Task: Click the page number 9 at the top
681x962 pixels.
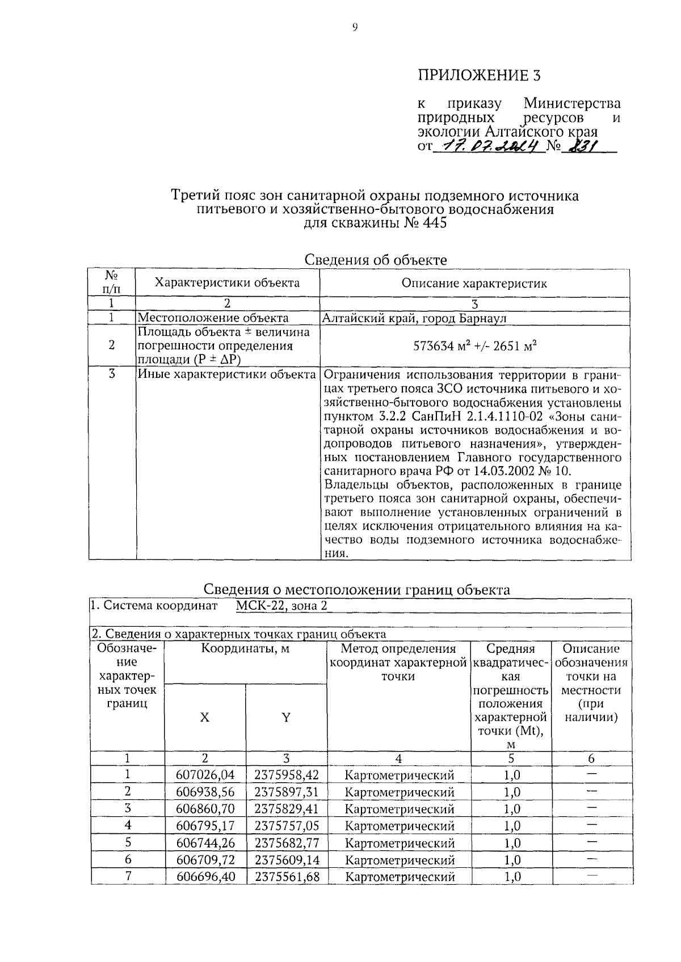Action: [354, 27]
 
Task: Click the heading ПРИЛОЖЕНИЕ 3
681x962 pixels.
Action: [480, 75]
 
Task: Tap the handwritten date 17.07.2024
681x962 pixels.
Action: [486, 146]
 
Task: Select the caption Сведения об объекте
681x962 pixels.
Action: [376, 260]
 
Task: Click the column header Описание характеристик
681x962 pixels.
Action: [474, 283]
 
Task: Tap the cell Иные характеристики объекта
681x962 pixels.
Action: [226, 374]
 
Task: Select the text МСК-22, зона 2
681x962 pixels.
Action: [281, 606]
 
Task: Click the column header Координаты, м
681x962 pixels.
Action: [245, 649]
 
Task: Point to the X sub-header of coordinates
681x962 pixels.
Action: [204, 718]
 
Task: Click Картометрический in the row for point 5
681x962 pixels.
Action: [400, 843]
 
